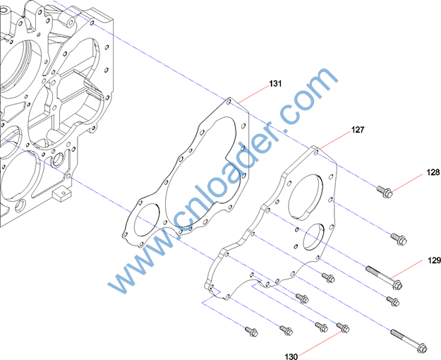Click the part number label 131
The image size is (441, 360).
[x=275, y=83]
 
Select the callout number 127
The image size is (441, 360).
[x=358, y=130]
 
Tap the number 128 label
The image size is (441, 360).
[x=433, y=172]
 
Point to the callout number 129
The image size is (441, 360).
[x=434, y=260]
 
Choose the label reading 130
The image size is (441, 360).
[x=291, y=356]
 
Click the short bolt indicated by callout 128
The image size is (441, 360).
[x=385, y=191]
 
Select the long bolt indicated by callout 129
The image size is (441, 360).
[x=384, y=278]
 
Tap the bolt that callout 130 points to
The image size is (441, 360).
[x=343, y=328]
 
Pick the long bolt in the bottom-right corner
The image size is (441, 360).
[x=409, y=340]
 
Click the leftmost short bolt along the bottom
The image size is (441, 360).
[x=251, y=331]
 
